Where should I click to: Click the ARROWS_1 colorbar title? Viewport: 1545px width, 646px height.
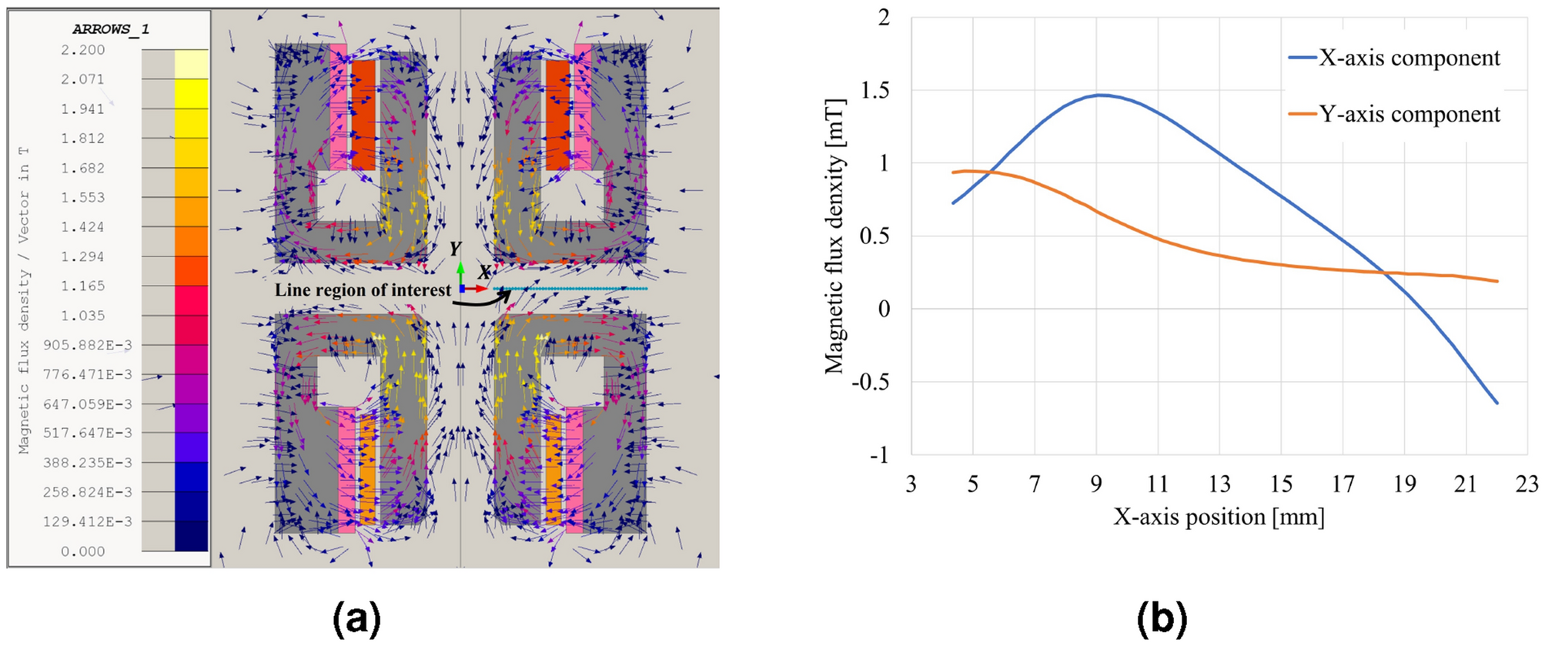(x=111, y=29)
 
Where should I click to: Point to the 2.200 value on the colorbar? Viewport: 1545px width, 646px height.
(x=83, y=50)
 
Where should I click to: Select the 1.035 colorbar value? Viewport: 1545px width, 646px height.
(x=83, y=316)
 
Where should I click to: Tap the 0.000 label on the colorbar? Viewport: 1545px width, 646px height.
(x=83, y=551)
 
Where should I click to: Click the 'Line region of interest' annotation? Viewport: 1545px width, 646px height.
(x=363, y=290)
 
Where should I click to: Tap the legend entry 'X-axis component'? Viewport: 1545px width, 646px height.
(x=1409, y=58)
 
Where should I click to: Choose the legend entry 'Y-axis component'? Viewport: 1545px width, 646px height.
(x=1409, y=114)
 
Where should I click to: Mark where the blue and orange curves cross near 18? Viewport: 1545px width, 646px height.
(x=1383, y=273)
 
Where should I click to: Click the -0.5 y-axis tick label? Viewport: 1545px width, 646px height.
(x=870, y=382)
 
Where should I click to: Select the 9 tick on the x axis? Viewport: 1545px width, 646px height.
(x=1096, y=484)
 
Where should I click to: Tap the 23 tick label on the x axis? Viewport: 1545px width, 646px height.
(x=1527, y=484)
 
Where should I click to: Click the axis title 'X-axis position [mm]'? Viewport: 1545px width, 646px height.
(x=1219, y=517)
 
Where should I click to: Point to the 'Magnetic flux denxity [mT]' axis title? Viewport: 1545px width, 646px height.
(x=834, y=236)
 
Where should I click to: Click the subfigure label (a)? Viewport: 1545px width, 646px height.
(x=357, y=618)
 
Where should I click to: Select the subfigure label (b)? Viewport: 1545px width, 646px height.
(x=1162, y=618)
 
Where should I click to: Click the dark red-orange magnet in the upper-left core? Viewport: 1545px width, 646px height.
(x=363, y=115)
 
